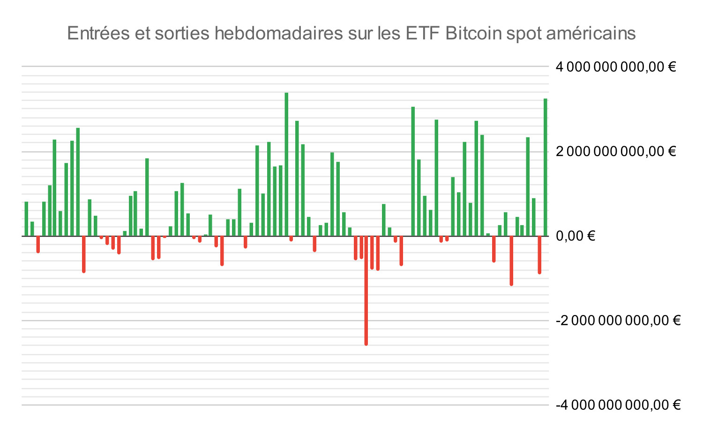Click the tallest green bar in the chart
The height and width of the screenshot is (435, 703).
286,164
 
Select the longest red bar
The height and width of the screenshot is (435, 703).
366,291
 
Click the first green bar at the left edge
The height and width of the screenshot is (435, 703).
26,219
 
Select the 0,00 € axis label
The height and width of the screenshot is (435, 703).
575,236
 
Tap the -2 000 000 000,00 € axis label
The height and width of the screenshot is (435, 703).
618,321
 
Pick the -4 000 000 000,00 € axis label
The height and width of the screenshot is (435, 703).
618,405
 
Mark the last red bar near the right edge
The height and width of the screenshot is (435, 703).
539,255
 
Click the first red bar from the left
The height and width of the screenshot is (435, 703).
38,244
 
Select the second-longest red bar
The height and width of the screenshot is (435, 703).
511,261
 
